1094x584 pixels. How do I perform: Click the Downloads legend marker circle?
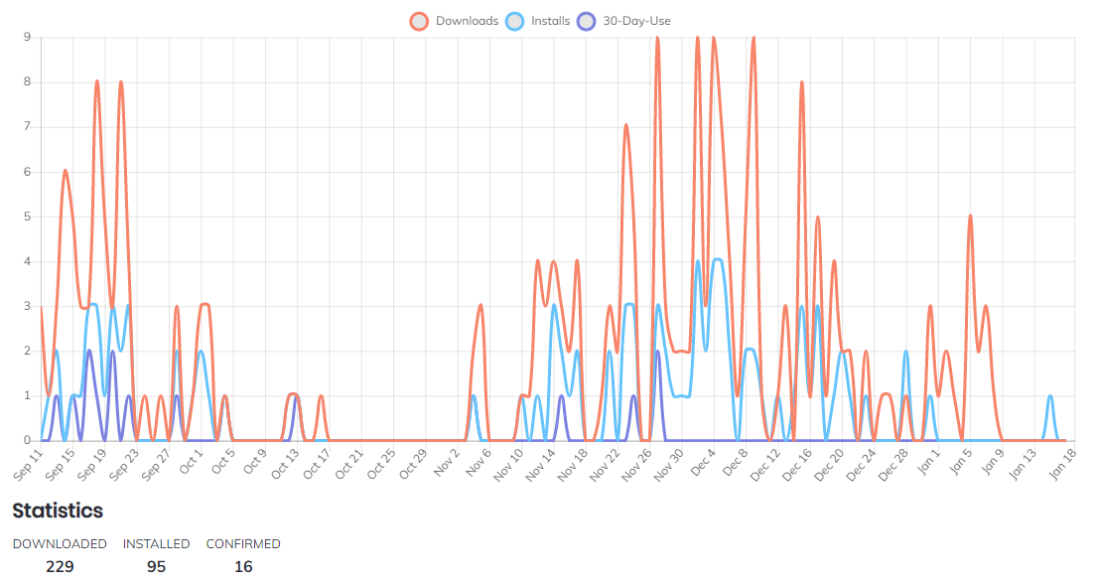[419, 21]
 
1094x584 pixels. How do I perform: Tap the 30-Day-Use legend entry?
[636, 21]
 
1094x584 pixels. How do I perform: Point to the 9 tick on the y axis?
[28, 38]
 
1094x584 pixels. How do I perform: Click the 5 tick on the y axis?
[28, 217]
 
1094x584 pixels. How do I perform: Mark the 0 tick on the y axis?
[28, 440]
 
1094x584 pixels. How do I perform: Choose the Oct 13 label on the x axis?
[285, 463]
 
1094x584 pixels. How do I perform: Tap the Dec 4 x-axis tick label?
[702, 462]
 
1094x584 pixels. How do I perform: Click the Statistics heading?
[58, 511]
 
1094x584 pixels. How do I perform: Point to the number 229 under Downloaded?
[60, 566]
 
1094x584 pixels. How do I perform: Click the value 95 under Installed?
[156, 566]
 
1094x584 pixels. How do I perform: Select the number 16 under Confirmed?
[243, 566]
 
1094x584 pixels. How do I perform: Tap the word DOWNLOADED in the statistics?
[60, 544]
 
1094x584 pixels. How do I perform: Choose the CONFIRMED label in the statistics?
[243, 544]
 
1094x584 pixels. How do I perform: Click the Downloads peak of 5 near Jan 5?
[970, 217]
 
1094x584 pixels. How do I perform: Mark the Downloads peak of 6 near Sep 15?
[66, 172]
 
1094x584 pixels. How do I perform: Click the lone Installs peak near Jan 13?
[1049, 396]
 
